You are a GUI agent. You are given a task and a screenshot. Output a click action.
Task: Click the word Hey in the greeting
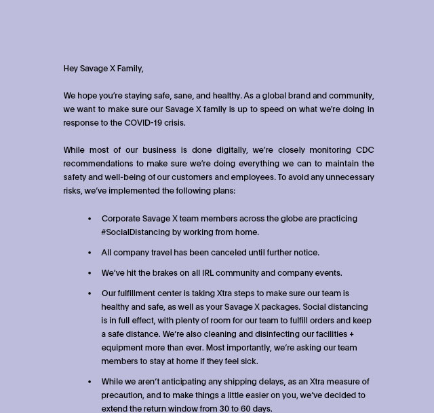pyautogui.click(x=71, y=69)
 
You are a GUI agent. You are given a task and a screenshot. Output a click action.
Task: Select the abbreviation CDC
pyautogui.click(x=364, y=150)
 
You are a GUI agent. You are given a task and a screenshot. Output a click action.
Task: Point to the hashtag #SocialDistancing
pyautogui.click(x=136, y=232)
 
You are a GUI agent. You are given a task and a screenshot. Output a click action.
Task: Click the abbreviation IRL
pyautogui.click(x=210, y=273)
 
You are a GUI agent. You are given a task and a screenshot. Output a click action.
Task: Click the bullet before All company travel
pyautogui.click(x=90, y=253)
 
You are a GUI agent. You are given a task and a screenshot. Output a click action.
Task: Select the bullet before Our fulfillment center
pyautogui.click(x=90, y=293)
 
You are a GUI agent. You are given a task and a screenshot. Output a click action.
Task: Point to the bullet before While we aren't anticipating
pyautogui.click(x=90, y=382)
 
